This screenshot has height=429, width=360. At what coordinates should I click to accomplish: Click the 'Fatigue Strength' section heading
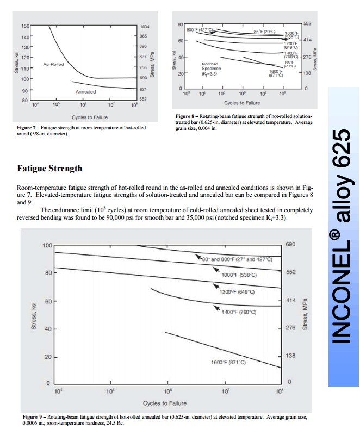[x=50, y=169]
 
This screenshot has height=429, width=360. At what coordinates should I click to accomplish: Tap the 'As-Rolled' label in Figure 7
[x=53, y=64]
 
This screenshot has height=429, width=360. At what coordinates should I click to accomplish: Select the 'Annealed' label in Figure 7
[x=85, y=92]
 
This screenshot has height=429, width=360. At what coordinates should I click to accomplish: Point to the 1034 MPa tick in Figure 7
[x=145, y=27]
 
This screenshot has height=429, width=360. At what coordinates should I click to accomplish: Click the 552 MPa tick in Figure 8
[x=307, y=24]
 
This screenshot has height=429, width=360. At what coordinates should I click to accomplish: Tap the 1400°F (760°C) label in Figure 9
[x=239, y=312]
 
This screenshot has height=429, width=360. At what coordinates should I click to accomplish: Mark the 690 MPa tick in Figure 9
[x=291, y=245]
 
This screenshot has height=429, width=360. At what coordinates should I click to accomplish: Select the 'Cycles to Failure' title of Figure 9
[x=164, y=403]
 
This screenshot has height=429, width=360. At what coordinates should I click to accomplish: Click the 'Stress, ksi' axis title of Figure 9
[x=33, y=316]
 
